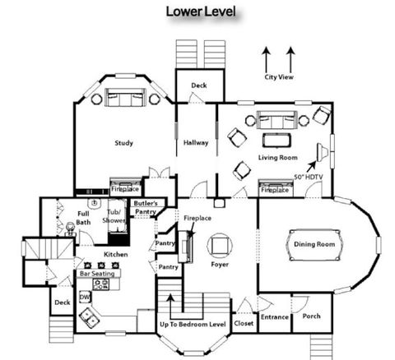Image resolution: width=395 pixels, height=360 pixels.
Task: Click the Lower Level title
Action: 202,12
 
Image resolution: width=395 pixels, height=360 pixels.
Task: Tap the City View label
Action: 279,78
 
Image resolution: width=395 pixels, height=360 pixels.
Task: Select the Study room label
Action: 124,143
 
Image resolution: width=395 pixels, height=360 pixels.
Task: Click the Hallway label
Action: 197,143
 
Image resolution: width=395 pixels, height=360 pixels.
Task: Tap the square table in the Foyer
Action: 219,246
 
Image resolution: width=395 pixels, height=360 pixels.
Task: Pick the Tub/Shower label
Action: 114,216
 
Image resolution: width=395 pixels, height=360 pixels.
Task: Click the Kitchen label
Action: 116,255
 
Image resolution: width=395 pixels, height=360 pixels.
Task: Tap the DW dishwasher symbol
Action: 84,297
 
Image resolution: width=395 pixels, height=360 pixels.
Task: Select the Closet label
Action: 243,323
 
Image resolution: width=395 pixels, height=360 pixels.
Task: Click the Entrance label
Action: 274,316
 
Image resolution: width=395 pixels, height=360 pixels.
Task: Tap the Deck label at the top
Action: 199,85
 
